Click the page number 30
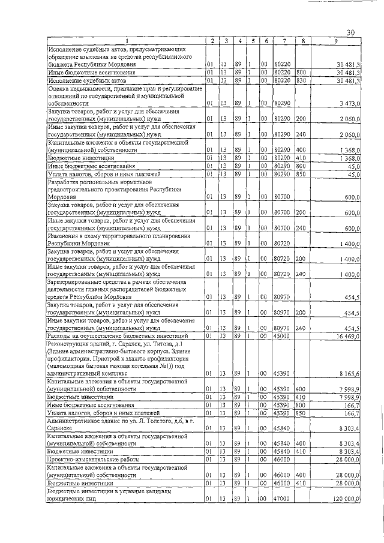pyautogui.click(x=352, y=32)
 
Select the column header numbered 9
pyautogui.click(x=337, y=41)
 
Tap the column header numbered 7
pyautogui.click(x=283, y=41)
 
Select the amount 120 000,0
pyautogui.click(x=344, y=499)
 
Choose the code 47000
pyautogui.click(x=282, y=499)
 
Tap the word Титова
pyautogui.click(x=161, y=344)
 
